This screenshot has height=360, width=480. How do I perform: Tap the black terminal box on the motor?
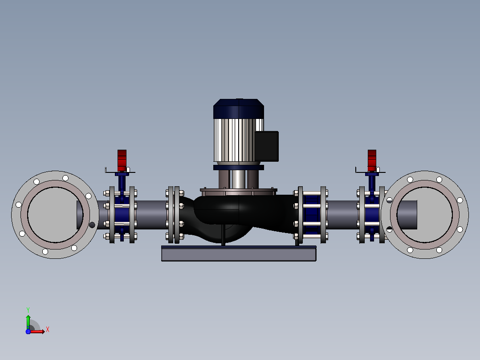(x=267, y=146)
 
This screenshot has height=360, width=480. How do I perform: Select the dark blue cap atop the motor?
(x=239, y=108)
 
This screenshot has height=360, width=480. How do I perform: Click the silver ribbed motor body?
(x=234, y=140)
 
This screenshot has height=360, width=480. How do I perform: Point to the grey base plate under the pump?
(x=239, y=254)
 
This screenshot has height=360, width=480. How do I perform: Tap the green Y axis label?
(x=28, y=310)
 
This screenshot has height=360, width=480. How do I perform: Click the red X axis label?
(x=48, y=330)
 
